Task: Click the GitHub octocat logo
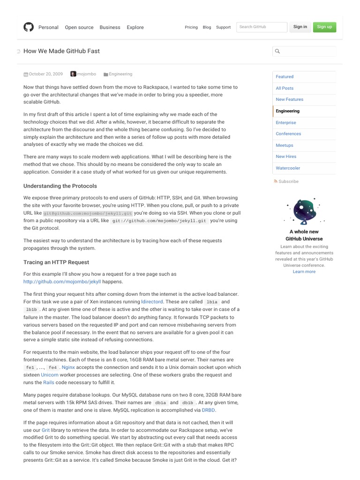coord(29,27)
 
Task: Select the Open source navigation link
coord(79,27)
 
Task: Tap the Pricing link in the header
coord(191,27)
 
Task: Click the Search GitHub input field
coord(262,27)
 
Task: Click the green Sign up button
coord(324,27)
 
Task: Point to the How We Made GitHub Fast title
coord(61,51)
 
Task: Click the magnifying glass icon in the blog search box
coord(277,52)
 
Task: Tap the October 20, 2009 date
coord(45,74)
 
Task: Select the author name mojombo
coord(86,74)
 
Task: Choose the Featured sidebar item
coord(285,76)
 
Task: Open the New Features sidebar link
coord(289,99)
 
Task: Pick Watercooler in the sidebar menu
coord(288,168)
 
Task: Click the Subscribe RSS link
coord(288,181)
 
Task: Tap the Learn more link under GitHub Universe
coord(304,271)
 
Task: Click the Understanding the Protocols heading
coord(60,186)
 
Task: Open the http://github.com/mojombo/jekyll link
coord(62,282)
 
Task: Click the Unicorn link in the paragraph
coord(50,375)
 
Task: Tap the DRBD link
coord(209,410)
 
